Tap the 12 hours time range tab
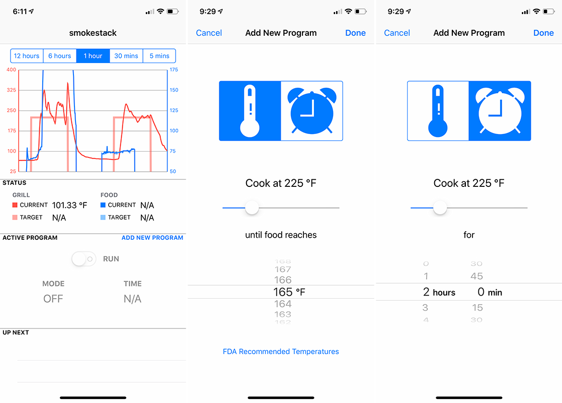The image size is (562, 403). (27, 56)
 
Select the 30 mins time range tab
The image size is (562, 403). (126, 56)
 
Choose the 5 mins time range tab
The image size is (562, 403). (159, 56)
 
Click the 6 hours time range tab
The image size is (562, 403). (60, 56)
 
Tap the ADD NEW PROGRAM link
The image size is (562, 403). (152, 238)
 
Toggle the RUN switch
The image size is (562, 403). (84, 259)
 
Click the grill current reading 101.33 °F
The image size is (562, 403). (69, 205)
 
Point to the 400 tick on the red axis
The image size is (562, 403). (12, 70)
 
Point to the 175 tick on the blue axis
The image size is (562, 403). (174, 70)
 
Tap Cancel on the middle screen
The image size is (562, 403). (209, 33)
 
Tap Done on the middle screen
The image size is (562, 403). (356, 33)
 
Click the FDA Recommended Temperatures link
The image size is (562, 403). (281, 352)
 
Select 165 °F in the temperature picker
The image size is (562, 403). (289, 292)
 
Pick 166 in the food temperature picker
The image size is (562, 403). (283, 280)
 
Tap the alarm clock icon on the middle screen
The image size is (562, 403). (312, 111)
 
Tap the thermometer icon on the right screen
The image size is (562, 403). (438, 111)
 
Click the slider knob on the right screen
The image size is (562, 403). (440, 208)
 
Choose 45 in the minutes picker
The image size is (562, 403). (476, 276)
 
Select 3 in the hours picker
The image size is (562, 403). (426, 308)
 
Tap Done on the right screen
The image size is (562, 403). (544, 33)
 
